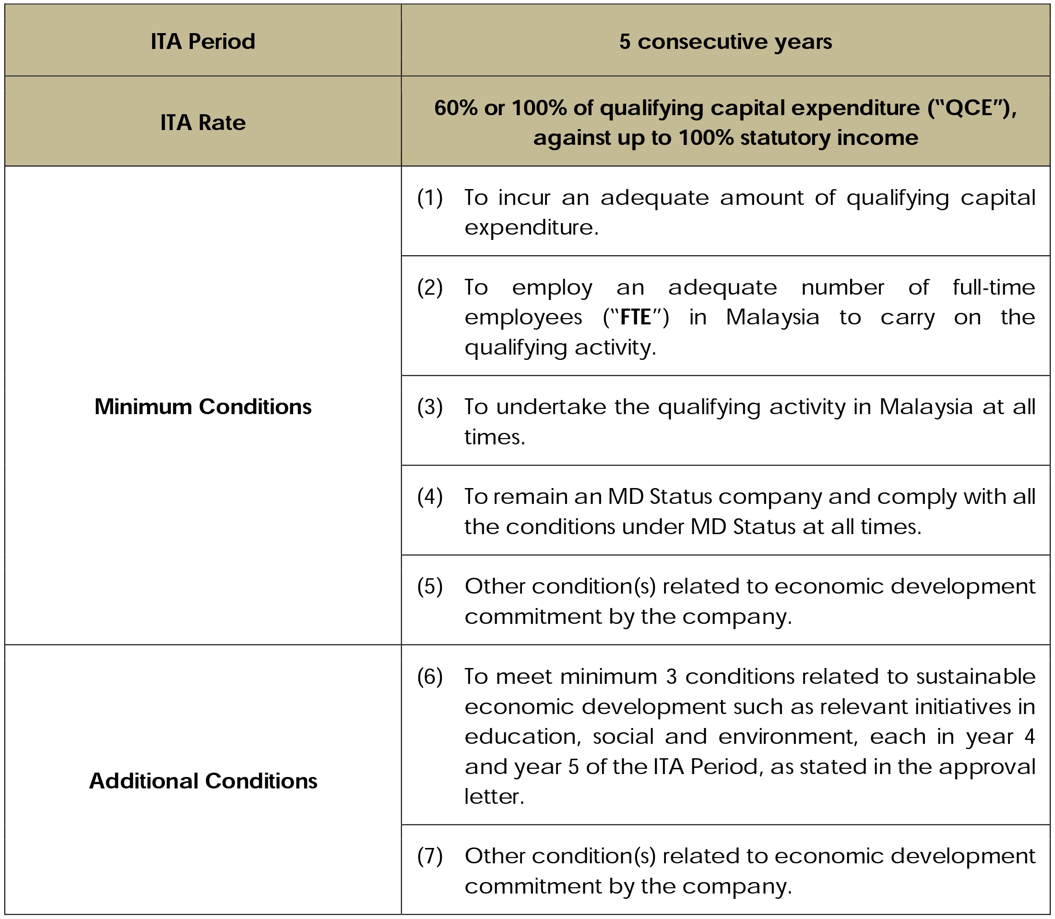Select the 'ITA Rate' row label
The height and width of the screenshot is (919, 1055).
pyautogui.click(x=202, y=122)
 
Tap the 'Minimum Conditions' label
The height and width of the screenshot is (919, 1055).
pyautogui.click(x=202, y=406)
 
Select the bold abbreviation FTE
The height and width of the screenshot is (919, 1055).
pyautogui.click(x=635, y=317)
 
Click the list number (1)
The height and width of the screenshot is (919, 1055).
pyautogui.click(x=429, y=197)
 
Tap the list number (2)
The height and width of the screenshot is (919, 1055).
pyautogui.click(x=429, y=287)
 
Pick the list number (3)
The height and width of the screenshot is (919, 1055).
pyautogui.click(x=429, y=407)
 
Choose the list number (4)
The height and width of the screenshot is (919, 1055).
pyautogui.click(x=429, y=496)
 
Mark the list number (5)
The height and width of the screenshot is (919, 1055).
pyautogui.click(x=429, y=586)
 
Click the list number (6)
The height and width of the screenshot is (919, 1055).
pyautogui.click(x=429, y=677)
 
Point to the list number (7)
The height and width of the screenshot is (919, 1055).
pyautogui.click(x=429, y=856)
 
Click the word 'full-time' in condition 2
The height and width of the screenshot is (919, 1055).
pyautogui.click(x=994, y=287)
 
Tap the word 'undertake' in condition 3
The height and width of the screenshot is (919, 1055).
pyautogui.click(x=551, y=407)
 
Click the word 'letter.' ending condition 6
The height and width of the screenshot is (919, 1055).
pyautogui.click(x=494, y=797)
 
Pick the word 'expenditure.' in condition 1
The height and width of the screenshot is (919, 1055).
pyautogui.click(x=531, y=227)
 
